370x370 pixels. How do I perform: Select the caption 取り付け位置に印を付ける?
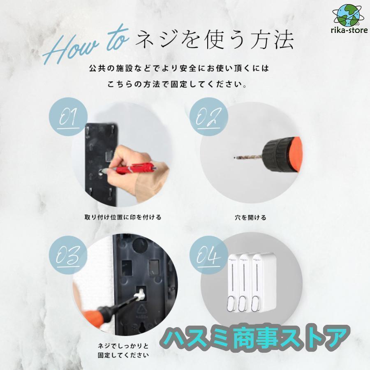click(x=123, y=217)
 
